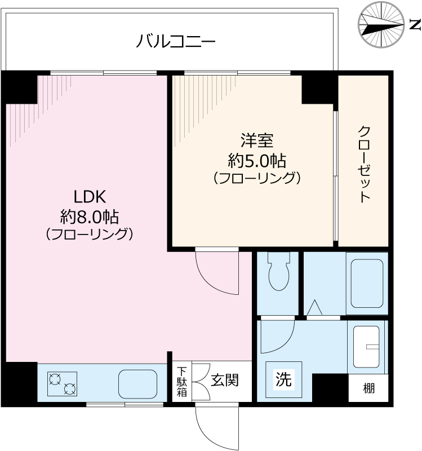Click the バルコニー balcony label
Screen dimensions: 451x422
176,41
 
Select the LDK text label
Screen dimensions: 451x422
90,196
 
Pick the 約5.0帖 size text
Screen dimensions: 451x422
256,160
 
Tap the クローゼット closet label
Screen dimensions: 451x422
364,163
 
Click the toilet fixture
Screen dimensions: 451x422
277,272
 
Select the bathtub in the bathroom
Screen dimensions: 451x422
367,283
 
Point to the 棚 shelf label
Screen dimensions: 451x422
368,388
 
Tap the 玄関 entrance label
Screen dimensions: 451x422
224,380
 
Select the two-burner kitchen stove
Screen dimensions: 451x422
62,383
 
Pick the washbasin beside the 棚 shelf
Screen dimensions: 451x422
368,349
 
